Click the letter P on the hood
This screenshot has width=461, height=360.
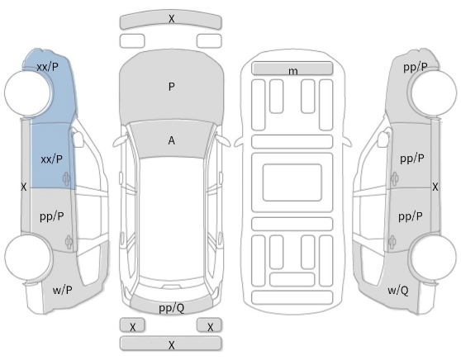tap(171, 87)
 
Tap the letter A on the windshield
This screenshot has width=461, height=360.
tap(171, 140)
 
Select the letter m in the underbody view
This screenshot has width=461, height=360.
tap(292, 71)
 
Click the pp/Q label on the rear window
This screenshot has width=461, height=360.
tap(171, 308)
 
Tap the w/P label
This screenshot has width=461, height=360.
tap(62, 290)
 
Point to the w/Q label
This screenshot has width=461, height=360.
tap(397, 291)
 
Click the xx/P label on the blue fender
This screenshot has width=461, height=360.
tap(48, 67)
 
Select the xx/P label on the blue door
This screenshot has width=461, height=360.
tap(52, 159)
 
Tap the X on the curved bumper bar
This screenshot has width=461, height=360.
tap(171, 19)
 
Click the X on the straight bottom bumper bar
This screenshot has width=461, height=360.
tap(171, 344)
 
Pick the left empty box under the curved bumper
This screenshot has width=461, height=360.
tap(132, 40)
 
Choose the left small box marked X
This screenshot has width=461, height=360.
tap(132, 325)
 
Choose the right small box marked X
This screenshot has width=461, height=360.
tap(209, 325)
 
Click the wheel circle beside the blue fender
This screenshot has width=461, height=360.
tap(27, 92)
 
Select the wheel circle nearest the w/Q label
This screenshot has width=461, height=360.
tap(434, 257)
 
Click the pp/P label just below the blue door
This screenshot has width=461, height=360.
tap(52, 216)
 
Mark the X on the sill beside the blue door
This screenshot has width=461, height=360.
tap(23, 187)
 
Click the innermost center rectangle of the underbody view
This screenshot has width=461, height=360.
tap(292, 182)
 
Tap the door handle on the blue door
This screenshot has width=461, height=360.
tap(66, 178)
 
